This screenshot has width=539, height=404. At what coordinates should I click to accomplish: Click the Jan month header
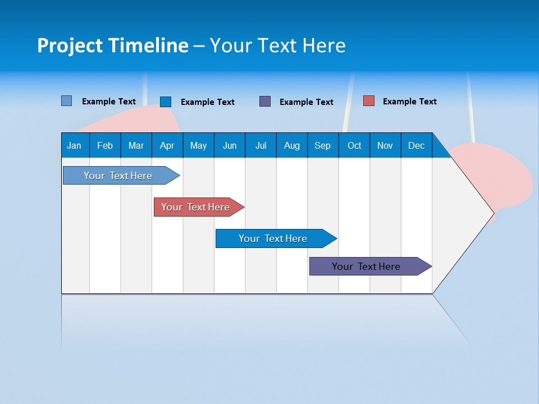point(74,145)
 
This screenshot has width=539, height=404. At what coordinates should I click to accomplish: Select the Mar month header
point(136,145)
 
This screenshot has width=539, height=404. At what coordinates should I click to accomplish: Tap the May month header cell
point(198,145)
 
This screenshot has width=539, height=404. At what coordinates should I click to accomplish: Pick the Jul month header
point(261,145)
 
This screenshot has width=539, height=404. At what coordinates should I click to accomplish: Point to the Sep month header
point(322,145)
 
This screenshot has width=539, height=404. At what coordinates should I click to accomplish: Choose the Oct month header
point(354,145)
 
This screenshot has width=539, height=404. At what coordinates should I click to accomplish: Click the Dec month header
point(416,145)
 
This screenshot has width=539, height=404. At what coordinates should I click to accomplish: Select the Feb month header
point(105,145)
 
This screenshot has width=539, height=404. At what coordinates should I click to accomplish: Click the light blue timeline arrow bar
point(118,176)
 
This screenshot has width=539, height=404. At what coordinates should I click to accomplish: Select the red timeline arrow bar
point(195,207)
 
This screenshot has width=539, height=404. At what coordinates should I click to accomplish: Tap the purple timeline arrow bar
point(366,267)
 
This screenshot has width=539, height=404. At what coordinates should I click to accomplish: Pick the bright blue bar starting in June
point(273,238)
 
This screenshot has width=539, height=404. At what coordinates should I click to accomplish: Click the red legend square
point(369,101)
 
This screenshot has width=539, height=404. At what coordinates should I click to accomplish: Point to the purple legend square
point(265,102)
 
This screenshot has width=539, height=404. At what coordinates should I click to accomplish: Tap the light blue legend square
point(67,101)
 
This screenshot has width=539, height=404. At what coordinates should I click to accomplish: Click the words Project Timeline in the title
point(113,45)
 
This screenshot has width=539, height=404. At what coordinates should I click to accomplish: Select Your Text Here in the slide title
point(277,45)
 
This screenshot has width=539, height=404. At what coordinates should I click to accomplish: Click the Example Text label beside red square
point(409,102)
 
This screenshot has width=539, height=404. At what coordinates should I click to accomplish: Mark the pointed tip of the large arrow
point(492,213)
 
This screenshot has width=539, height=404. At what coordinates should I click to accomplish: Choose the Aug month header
point(291,145)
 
